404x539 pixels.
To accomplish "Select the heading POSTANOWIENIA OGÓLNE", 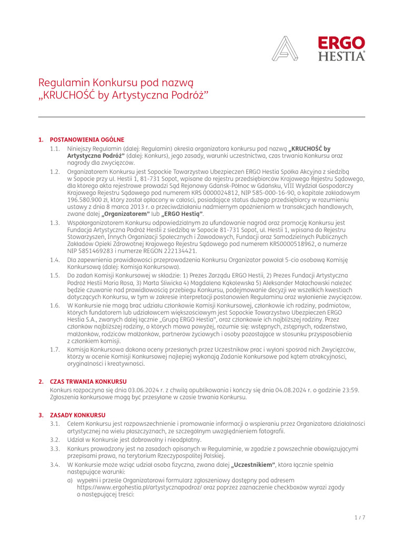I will [87, 139].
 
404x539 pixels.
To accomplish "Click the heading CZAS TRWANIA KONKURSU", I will [88, 381].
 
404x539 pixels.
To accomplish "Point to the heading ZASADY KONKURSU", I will [77, 415].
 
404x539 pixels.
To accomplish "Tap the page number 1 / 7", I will [360, 517].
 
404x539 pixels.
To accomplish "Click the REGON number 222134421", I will [171, 251].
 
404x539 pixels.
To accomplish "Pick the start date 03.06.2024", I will [153, 390].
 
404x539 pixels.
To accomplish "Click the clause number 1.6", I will [55, 305].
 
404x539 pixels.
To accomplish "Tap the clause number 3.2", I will [55, 439].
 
